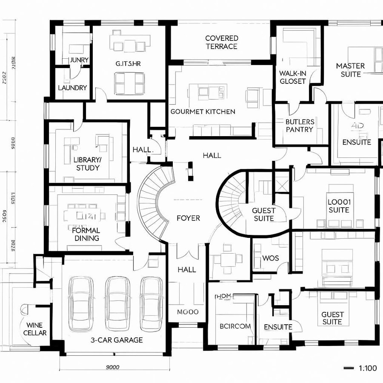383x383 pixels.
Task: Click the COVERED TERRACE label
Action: pyautogui.click(x=221, y=42)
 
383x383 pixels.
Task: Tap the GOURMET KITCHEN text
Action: pyautogui.click(x=203, y=111)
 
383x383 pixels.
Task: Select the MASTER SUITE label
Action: pyautogui.click(x=350, y=70)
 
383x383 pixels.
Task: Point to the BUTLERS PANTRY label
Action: pyautogui.click(x=300, y=126)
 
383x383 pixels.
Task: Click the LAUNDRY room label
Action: pyautogui.click(x=72, y=88)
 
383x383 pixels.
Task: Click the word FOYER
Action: pyautogui.click(x=188, y=218)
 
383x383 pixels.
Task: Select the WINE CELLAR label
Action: pyautogui.click(x=35, y=329)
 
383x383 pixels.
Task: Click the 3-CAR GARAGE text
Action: pyautogui.click(x=117, y=340)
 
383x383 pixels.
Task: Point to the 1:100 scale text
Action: pyautogui.click(x=368, y=368)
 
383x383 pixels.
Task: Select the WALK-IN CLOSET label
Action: pyautogui.click(x=293, y=77)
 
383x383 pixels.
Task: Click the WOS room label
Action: pyautogui.click(x=271, y=258)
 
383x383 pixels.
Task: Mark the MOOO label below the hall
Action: pyautogui.click(x=188, y=312)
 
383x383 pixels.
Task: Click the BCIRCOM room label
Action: pyautogui.click(x=235, y=326)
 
